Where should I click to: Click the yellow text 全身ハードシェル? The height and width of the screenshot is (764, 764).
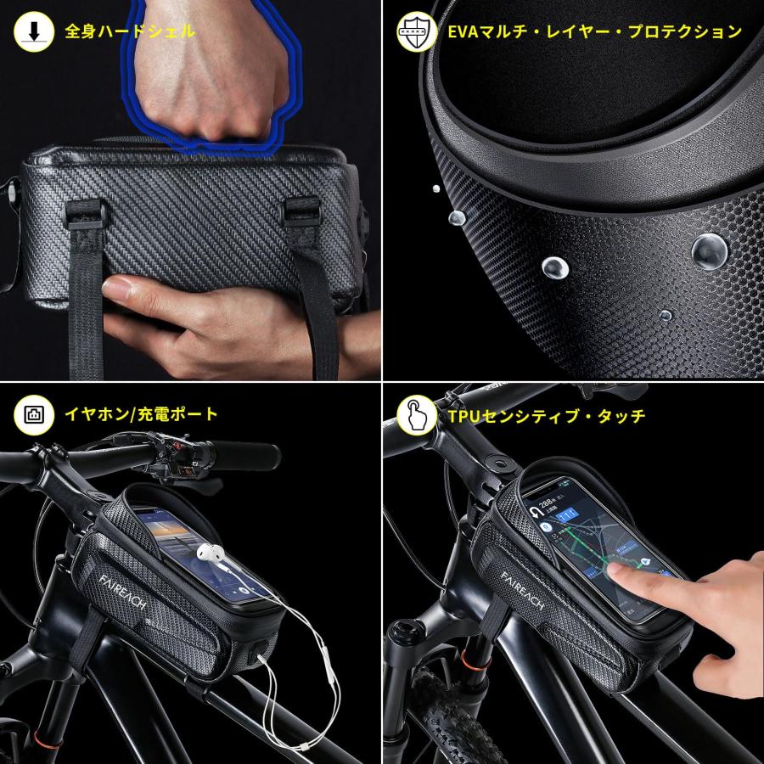pyautogui.click(x=130, y=32)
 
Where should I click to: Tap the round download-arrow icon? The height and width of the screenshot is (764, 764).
pyautogui.click(x=31, y=32)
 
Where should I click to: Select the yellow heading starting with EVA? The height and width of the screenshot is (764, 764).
pyautogui.click(x=594, y=32)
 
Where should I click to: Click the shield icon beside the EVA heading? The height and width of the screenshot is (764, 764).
pyautogui.click(x=413, y=32)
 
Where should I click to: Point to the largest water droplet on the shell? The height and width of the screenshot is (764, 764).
pyautogui.click(x=709, y=250)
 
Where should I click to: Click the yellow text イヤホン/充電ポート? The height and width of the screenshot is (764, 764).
pyautogui.click(x=142, y=414)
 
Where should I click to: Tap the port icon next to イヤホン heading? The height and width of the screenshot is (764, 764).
pyautogui.click(x=31, y=414)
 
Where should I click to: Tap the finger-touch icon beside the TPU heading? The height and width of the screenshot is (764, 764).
pyautogui.click(x=413, y=415)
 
